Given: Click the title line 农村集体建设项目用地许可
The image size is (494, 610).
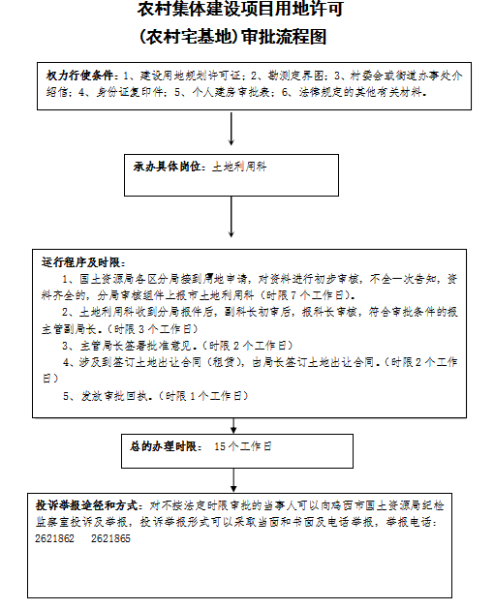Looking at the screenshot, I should coord(240,12).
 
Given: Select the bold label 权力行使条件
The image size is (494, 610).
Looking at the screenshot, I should coord(81,76).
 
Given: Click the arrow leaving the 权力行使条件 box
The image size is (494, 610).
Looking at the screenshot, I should coord(232,129).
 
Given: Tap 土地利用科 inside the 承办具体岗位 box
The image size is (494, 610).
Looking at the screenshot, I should coord(239,167).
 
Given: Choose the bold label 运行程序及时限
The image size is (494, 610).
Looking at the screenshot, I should coord(82,261).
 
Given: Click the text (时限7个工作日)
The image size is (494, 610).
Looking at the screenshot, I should coord(313,294).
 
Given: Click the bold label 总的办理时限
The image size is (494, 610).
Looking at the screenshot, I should coord(166,446).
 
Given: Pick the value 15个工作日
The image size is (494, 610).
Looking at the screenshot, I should coord(242,446).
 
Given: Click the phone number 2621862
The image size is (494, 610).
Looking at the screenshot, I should coord(54,538).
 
